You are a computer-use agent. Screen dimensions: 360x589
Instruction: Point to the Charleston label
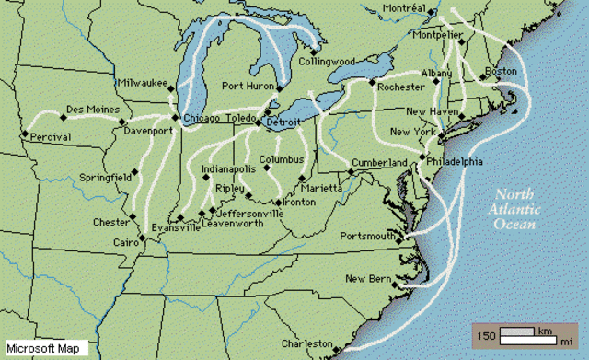point(306,344)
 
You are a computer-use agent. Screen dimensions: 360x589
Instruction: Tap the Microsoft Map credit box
point(45,348)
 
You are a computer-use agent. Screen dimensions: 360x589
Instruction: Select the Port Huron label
point(248,86)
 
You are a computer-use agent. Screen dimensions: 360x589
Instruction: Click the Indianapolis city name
point(229,169)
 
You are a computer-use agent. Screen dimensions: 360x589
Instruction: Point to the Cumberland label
point(379,163)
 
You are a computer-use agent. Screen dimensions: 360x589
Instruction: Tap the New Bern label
point(368,278)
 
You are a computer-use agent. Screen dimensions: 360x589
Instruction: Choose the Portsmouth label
point(370,236)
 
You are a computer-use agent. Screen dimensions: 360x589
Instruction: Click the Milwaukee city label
point(141,84)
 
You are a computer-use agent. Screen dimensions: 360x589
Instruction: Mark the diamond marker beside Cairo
point(143,239)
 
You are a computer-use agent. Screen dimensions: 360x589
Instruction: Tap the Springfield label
point(104,176)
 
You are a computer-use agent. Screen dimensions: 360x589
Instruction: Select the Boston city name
point(501,72)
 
